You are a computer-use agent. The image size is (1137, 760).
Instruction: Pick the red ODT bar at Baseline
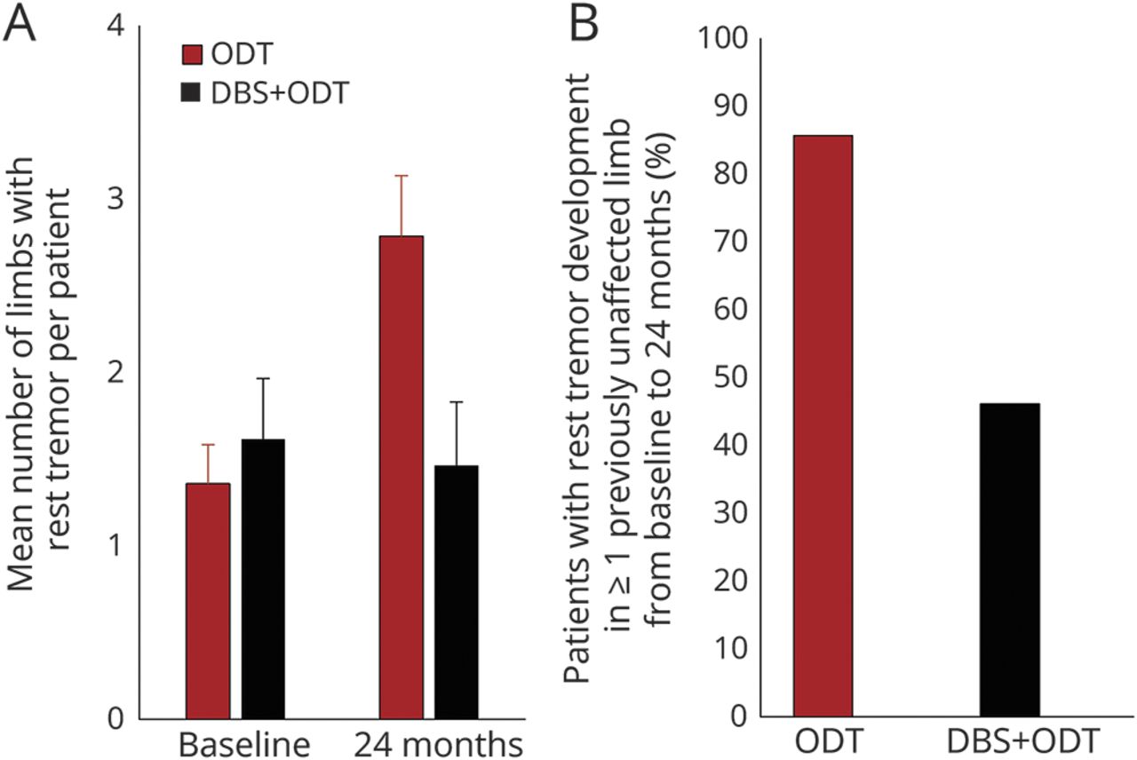(x=208, y=600)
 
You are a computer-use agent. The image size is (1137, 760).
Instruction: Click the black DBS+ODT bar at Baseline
(x=263, y=578)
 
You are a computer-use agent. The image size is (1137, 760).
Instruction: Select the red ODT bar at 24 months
(x=402, y=477)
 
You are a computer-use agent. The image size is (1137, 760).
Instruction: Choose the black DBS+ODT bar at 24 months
(x=457, y=591)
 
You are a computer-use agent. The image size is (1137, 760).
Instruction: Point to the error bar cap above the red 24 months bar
(x=402, y=176)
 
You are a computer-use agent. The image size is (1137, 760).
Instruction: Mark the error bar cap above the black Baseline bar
(x=263, y=378)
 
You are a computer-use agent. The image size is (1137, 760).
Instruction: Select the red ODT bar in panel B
(x=823, y=425)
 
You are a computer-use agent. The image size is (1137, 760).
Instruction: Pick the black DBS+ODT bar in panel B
(x=1010, y=559)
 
